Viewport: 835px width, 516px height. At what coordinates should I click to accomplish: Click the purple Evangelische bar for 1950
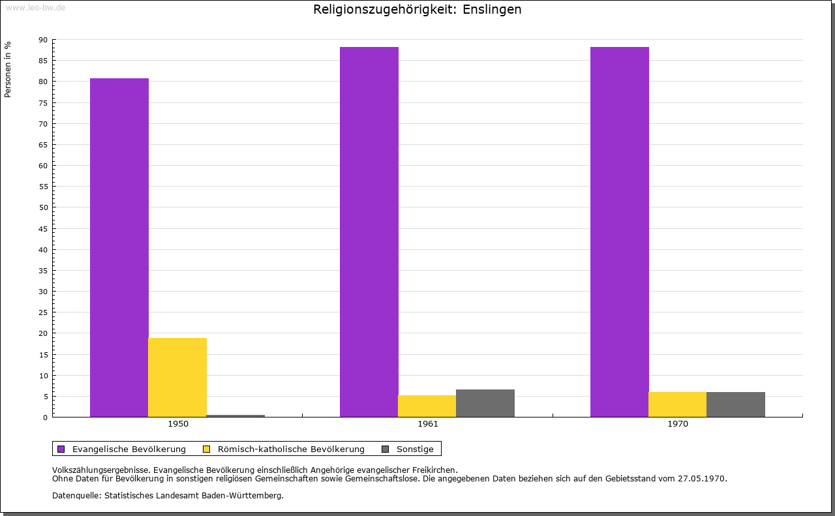coord(119,248)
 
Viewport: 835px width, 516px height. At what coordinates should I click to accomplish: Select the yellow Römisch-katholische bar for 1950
coord(177,377)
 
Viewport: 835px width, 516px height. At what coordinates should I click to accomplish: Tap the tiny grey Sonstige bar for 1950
coord(235,416)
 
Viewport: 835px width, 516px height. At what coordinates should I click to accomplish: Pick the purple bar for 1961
coord(369,232)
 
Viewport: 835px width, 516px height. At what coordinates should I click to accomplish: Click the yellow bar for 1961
coord(427,406)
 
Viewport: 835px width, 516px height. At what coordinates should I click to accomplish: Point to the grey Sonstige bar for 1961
coord(485,403)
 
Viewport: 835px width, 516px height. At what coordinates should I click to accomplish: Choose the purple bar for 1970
coord(620,232)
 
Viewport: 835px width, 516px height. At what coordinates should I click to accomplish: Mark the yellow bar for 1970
coord(677,404)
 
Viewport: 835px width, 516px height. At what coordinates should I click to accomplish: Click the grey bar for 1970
coord(736,404)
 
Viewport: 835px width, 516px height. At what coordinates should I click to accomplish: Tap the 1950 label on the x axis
coord(178,424)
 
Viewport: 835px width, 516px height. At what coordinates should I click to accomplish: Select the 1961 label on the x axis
coord(428,424)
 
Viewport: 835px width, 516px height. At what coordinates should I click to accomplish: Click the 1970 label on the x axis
coord(678,424)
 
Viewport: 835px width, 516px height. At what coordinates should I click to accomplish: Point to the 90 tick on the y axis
coord(43,40)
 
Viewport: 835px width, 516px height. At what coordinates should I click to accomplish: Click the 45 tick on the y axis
coord(43,229)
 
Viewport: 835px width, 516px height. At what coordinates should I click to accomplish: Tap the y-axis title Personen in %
coord(8,69)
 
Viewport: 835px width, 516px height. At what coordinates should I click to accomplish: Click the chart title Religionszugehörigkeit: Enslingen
coord(417,10)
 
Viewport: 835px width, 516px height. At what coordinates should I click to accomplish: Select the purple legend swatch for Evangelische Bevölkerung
coord(61,449)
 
